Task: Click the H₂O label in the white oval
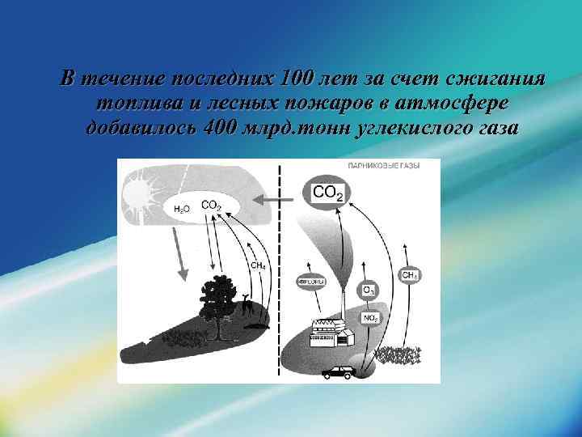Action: click(x=182, y=209)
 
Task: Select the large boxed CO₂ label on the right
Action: click(x=327, y=193)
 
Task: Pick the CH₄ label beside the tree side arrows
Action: click(x=258, y=265)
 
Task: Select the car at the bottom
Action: click(x=336, y=372)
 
